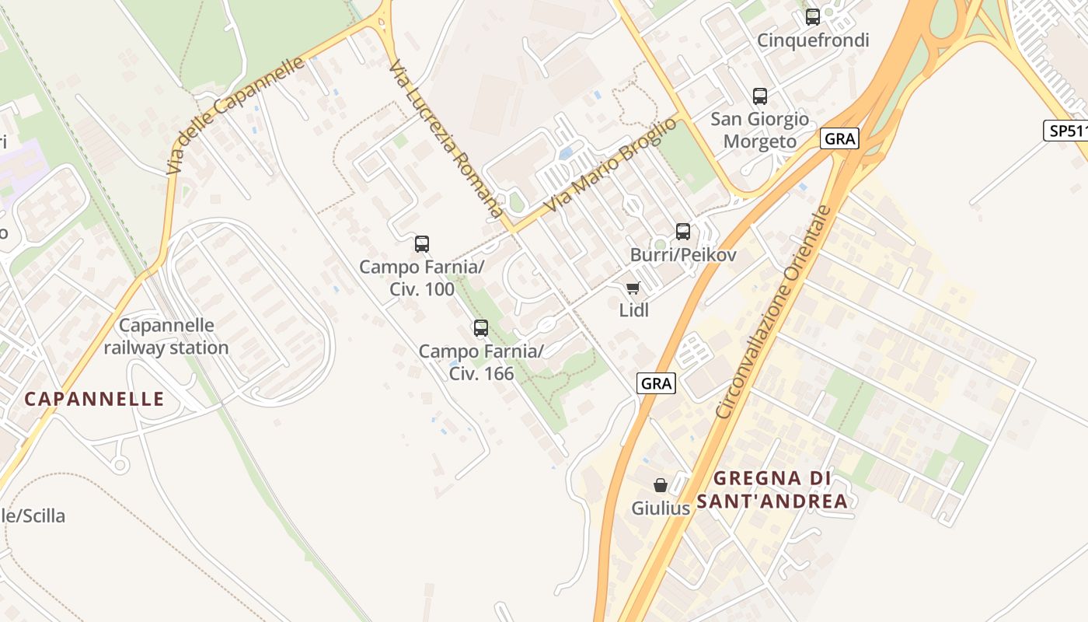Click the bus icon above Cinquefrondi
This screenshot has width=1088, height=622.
point(813,16)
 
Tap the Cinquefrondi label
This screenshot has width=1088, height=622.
point(813,40)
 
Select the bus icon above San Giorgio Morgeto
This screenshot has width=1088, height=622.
point(760,96)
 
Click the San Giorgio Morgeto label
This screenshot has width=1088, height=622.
point(760,130)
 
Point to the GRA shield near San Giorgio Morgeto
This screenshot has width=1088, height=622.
point(839,139)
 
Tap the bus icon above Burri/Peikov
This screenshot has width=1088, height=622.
point(683,231)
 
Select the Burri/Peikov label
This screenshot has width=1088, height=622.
point(683,255)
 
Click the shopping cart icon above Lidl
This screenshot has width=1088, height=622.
point(633,288)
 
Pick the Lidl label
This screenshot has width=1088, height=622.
point(633,310)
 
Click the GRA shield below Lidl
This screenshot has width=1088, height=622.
point(657,383)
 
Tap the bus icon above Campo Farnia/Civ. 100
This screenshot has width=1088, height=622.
point(422,244)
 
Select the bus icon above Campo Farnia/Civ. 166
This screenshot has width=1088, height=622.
point(481,328)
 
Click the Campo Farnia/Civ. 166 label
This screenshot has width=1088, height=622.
point(481,362)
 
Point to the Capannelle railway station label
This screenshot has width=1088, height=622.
point(166,336)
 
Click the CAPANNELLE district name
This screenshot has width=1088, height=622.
point(94,400)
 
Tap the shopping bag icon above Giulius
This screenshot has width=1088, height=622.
point(661,486)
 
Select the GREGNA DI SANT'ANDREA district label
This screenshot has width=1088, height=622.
point(772,490)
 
